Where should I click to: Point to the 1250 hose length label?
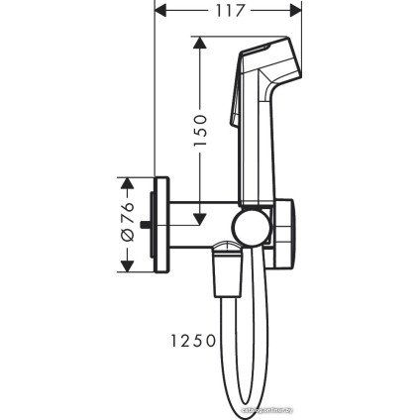(186, 340)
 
